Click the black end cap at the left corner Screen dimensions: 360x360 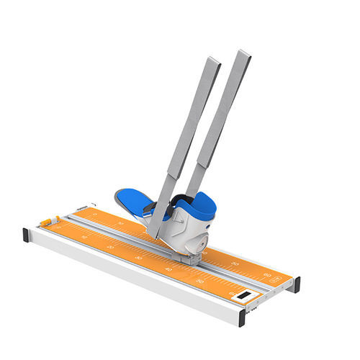pos(27,235)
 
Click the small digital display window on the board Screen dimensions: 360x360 pos(245,295)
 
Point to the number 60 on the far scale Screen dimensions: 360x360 pos(267,274)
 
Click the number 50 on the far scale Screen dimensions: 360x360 pos(235,264)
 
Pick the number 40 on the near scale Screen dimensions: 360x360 pos(168,270)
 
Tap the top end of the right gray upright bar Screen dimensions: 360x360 pos(243,55)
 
